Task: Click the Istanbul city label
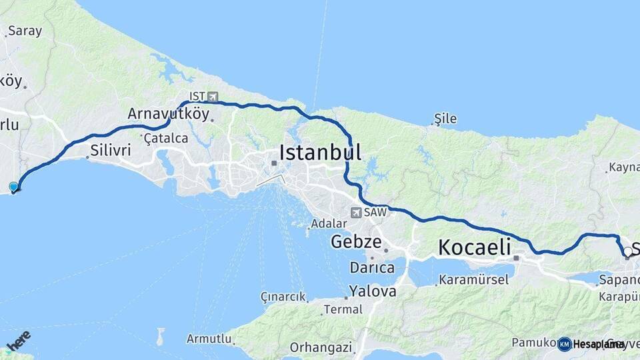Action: point(320,152)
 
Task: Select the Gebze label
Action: point(356,242)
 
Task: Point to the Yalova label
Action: point(373,291)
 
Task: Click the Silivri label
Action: point(111,150)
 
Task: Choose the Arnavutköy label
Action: point(168,113)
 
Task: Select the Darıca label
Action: point(372,268)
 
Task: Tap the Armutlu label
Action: point(209,339)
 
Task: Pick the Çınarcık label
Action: point(283,297)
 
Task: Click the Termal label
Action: point(343,309)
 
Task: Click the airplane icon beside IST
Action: point(213,97)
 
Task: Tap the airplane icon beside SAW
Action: point(356,213)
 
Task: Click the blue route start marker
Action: point(13,187)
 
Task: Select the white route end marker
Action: point(627,251)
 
